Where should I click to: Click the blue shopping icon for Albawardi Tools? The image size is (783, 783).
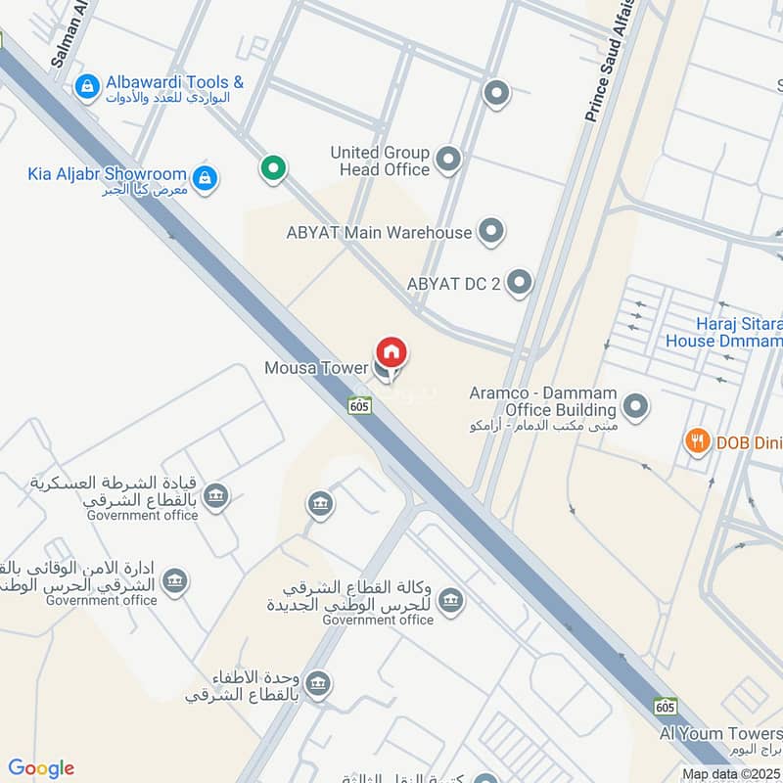coord(88,88)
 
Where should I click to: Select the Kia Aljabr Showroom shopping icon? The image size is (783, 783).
coord(205,178)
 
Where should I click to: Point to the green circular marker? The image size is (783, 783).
coord(273,168)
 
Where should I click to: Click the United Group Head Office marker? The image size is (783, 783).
coord(448,160)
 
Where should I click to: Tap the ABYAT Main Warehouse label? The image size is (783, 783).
coord(379,233)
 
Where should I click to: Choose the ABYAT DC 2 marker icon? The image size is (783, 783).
coord(520,283)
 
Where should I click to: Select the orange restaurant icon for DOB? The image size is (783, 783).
coord(697,441)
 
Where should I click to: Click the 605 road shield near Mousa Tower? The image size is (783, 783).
coord(359,404)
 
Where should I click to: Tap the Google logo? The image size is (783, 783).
coord(41,768)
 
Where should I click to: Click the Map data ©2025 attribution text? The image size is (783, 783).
coord(729,774)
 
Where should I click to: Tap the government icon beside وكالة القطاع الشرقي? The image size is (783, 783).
coord(450,599)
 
